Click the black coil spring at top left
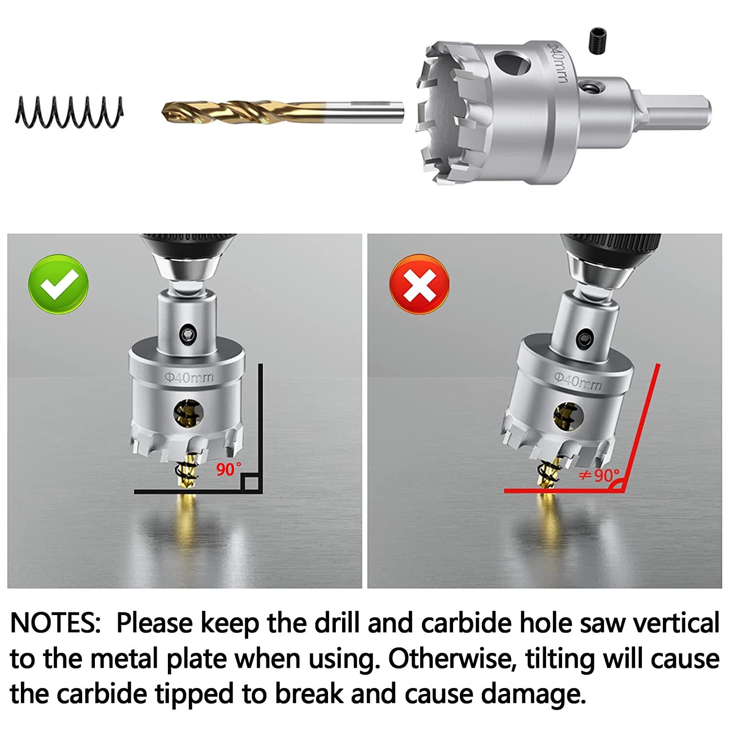(69, 112)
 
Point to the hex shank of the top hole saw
(681, 113)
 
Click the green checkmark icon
(58, 284)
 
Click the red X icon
(419, 284)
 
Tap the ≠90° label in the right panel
(599, 475)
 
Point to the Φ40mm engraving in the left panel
(189, 377)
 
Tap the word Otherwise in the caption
(452, 659)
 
